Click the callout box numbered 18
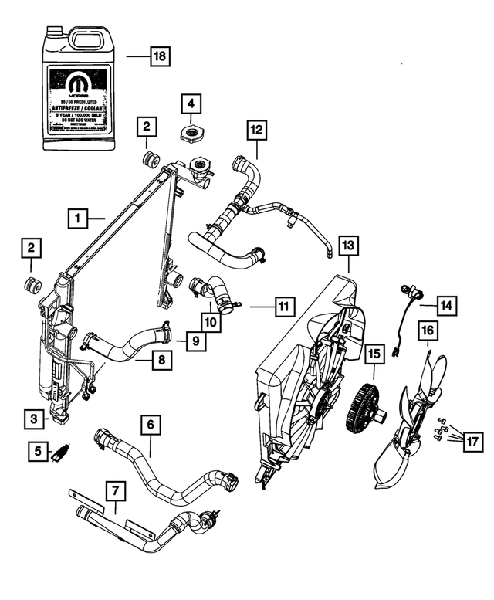159,56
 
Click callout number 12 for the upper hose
255,131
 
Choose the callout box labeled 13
349,246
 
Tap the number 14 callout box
447,307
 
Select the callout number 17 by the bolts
472,442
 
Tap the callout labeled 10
210,317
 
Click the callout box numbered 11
284,307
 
